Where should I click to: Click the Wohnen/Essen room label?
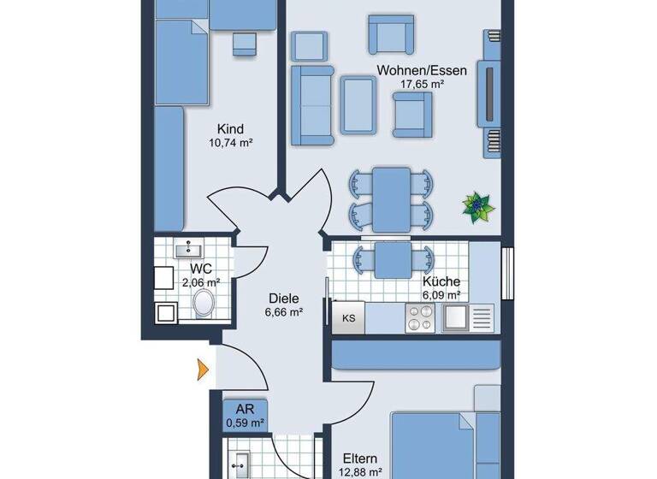pyautogui.click(x=423, y=70)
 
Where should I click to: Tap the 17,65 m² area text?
pyautogui.click(x=423, y=84)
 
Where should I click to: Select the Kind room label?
pyautogui.click(x=231, y=129)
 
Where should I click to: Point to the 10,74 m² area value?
pyautogui.click(x=231, y=144)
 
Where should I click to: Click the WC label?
pyautogui.click(x=201, y=268)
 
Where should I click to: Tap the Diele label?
pyautogui.click(x=283, y=299)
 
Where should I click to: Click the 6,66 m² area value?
pyautogui.click(x=283, y=312)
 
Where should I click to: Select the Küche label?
pyautogui.click(x=441, y=281)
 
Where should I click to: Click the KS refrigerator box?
pyautogui.click(x=349, y=318)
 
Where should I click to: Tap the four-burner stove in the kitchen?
pyautogui.click(x=419, y=318)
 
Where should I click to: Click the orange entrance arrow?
pyautogui.click(x=203, y=369)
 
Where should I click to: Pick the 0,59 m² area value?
pyautogui.click(x=245, y=421)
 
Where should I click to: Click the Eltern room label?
pyautogui.click(x=359, y=458)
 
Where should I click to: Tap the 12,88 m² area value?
pyautogui.click(x=359, y=471)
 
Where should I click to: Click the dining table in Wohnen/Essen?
pyautogui.click(x=391, y=198)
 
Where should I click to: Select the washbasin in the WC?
pyautogui.click(x=187, y=250)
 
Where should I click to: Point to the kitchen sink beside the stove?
pyautogui.click(x=454, y=318)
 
